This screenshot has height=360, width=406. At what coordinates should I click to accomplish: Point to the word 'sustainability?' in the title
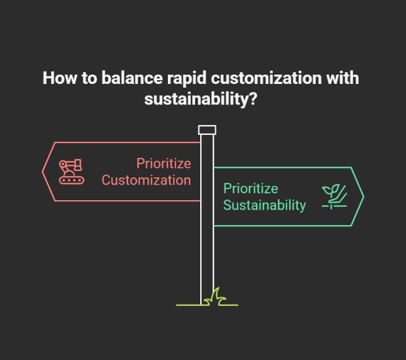click(x=200, y=98)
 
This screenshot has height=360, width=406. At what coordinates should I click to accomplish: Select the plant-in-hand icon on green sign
click(x=334, y=196)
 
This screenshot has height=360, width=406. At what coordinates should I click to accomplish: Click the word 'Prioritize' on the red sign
click(x=164, y=164)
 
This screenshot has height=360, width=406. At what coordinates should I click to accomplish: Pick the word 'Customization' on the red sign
click(x=146, y=180)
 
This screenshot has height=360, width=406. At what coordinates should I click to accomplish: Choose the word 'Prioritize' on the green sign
click(x=251, y=188)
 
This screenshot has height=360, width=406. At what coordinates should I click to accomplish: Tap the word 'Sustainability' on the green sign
click(x=264, y=205)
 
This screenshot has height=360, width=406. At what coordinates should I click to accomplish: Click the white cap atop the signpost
click(x=207, y=130)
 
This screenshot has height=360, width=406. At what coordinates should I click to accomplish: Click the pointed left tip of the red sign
click(x=44, y=172)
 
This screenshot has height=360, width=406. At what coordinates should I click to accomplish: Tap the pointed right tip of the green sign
click(x=362, y=196)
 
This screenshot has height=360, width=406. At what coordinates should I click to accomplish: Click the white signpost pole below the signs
click(x=207, y=261)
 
